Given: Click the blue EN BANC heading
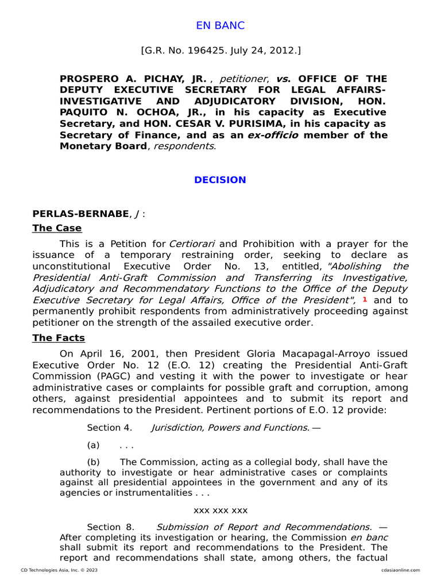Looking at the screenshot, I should point(220,25).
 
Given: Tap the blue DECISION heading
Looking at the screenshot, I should point(220,180).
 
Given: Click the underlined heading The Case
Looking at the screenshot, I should point(57,228).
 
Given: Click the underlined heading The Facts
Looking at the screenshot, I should point(59,338).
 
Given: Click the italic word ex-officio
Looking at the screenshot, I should point(272,135).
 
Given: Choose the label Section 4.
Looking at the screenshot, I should point(110,427).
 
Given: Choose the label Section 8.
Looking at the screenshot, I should point(111,527).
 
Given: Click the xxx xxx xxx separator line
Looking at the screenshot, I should point(220,510).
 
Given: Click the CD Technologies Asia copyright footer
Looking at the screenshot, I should point(59,570).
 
